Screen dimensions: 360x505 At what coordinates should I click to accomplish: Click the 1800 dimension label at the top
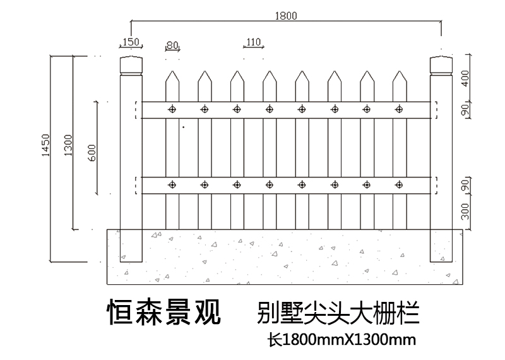(286, 16)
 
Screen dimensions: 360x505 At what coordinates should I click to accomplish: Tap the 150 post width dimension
(130, 42)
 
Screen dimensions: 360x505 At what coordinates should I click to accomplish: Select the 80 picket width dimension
(172, 45)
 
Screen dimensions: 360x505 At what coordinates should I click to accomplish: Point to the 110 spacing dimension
(253, 42)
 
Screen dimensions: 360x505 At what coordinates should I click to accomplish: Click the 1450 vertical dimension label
(45, 147)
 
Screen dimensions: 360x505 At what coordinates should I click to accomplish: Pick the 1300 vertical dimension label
(68, 147)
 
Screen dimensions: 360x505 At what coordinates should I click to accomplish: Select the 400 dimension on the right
(465, 78)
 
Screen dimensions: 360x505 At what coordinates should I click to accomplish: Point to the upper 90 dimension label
(465, 109)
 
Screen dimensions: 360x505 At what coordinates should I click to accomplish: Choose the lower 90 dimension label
(465, 186)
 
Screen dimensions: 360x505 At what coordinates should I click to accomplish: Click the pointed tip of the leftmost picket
(172, 71)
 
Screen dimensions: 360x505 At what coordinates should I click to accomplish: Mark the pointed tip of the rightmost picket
(399, 71)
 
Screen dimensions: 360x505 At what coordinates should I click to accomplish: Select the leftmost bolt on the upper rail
(172, 109)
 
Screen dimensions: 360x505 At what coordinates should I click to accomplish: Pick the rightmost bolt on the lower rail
(399, 185)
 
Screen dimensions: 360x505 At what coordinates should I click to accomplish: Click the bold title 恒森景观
(164, 311)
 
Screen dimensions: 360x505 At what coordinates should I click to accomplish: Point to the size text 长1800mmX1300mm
(341, 340)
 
